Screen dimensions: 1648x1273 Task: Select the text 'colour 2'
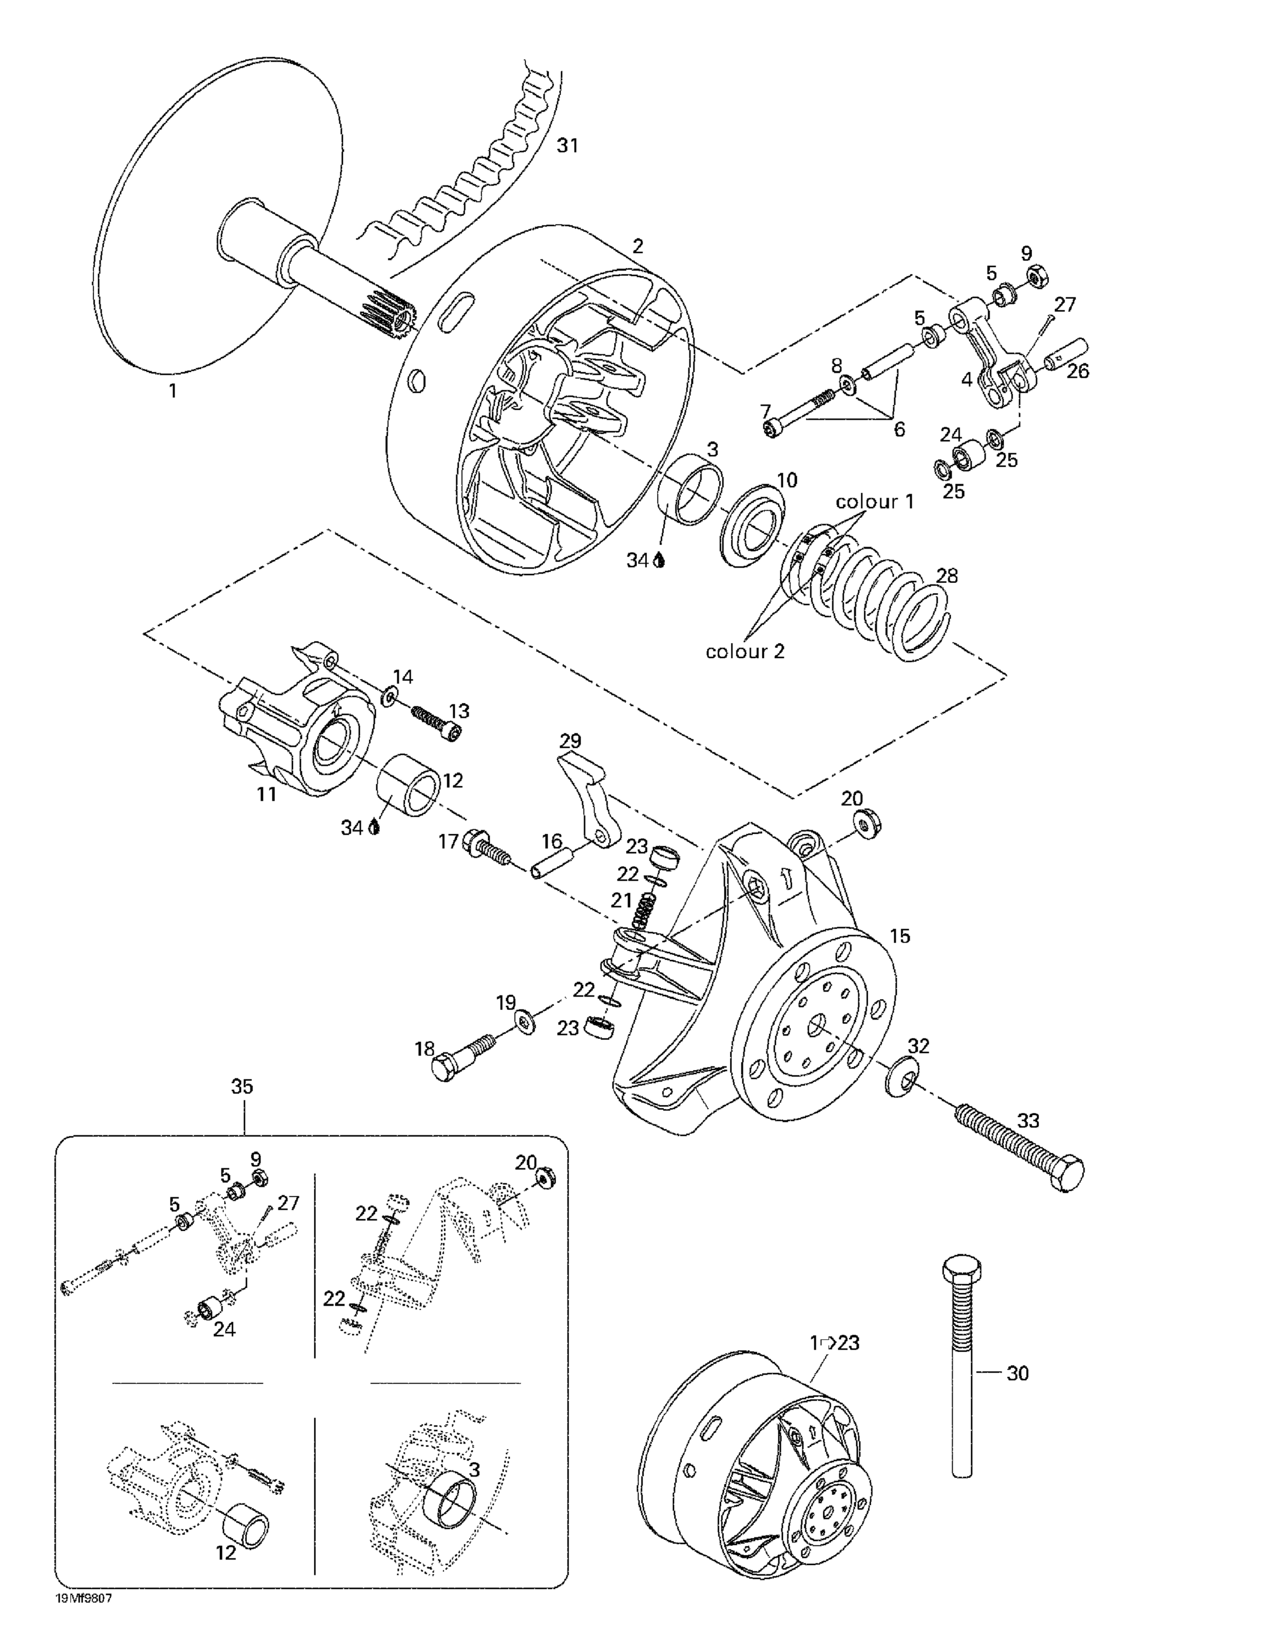745,650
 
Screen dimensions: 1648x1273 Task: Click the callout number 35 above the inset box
242,1087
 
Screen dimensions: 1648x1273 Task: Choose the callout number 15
899,937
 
